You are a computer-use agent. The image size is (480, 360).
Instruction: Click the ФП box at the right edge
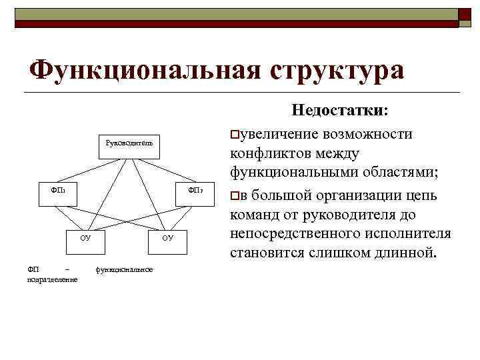(193, 193)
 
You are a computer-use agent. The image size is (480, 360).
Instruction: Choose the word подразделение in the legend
(52, 279)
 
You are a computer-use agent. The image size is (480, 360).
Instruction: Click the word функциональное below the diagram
(125, 269)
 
